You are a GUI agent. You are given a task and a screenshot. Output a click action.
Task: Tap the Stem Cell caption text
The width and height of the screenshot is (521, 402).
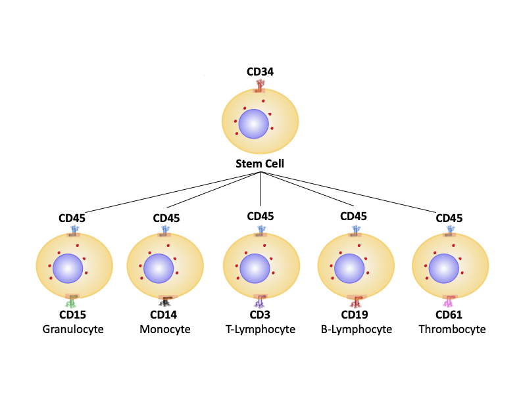[260, 164]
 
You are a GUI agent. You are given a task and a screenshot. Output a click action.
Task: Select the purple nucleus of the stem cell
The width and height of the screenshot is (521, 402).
[253, 124]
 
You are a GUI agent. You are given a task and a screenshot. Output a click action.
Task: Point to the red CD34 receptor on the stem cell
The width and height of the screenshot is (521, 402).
[260, 85]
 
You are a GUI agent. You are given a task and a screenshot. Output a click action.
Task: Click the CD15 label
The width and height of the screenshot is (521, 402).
[72, 315]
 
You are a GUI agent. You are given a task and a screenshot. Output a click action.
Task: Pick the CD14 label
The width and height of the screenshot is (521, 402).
[166, 315]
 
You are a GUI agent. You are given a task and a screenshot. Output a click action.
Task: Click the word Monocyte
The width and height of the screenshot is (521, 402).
[165, 328]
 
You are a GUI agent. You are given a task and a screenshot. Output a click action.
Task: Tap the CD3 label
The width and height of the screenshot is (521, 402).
[260, 315]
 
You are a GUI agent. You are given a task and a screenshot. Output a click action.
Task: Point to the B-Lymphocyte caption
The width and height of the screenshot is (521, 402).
[356, 328]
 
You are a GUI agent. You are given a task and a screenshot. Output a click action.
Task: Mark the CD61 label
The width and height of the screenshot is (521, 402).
[449, 315]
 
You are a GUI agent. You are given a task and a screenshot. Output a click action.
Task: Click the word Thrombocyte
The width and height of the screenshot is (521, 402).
[452, 328]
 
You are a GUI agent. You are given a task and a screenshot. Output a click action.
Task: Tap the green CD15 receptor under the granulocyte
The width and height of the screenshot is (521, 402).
[72, 303]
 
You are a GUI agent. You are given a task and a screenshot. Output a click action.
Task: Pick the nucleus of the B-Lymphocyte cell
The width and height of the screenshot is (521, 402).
[349, 269]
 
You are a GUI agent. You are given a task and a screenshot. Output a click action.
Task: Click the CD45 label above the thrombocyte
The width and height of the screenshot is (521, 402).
[449, 217]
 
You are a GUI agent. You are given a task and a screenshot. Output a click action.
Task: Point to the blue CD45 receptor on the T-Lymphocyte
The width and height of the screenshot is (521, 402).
[261, 230]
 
